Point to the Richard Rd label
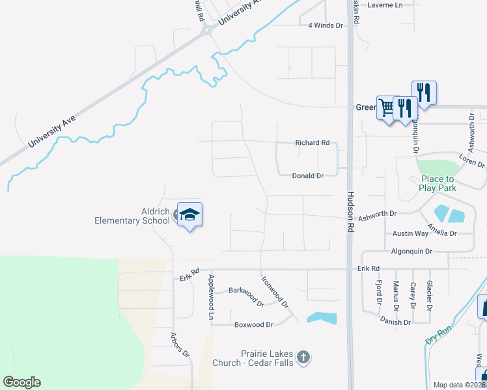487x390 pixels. pos(312,142)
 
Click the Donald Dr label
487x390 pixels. pos(307,176)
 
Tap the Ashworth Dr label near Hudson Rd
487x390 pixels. pos(377,213)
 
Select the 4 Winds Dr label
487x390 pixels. pos(325,25)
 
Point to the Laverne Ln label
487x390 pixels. pos(385,5)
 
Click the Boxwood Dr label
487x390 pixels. pos(253,324)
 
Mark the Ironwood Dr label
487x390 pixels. pos(275,292)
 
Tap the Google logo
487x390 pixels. pos(21,382)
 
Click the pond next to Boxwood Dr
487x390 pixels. pos(322,318)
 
